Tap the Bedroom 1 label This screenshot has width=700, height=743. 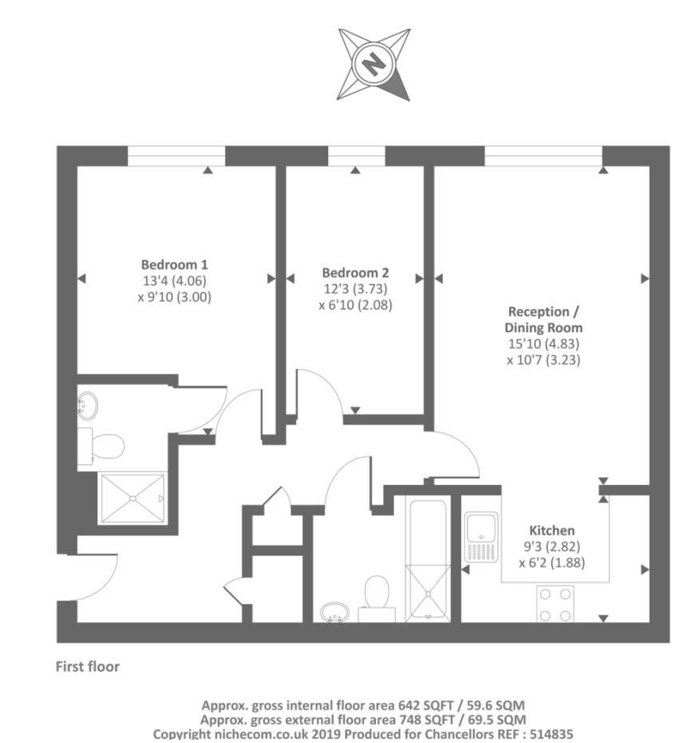[175, 264]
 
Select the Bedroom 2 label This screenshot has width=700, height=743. [355, 272]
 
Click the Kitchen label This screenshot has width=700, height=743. [552, 530]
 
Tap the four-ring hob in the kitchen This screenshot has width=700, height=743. [555, 604]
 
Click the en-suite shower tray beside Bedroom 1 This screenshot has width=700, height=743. [132, 499]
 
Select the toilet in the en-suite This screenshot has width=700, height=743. [102, 444]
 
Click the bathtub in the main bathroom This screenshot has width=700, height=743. [429, 559]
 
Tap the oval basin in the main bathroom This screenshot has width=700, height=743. [334, 612]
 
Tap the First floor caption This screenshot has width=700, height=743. [88, 666]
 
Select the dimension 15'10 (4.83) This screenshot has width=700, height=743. [543, 344]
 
